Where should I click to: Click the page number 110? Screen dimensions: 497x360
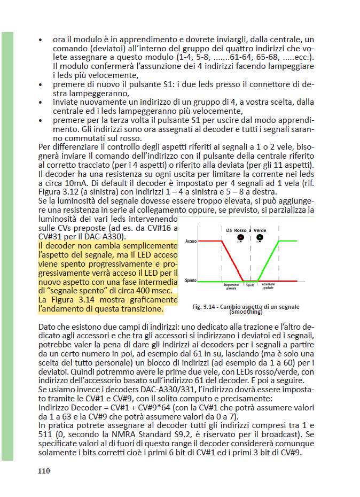coord(44,471)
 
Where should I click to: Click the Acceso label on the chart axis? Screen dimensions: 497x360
coord(191,242)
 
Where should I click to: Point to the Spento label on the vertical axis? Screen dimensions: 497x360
coord(190,281)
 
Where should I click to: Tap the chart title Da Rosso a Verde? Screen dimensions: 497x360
coord(246,230)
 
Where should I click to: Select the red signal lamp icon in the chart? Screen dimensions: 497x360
coord(241,237)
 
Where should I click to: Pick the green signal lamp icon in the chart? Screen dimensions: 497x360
coord(260,237)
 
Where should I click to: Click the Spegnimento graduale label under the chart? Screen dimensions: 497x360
coord(231,287)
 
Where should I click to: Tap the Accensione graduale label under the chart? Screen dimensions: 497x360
coord(268,287)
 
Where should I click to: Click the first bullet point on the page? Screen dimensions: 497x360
coord(41,40)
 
